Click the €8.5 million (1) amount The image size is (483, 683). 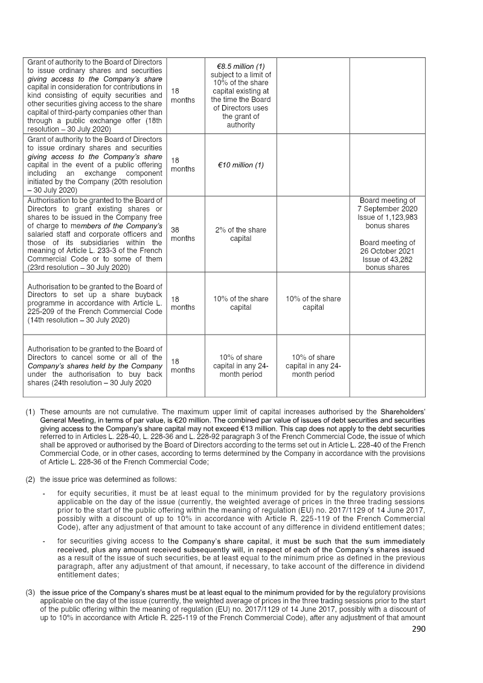point(240,66)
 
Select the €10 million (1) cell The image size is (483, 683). point(240,165)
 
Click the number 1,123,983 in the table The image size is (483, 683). point(403,217)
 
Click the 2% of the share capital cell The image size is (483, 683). point(240,234)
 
